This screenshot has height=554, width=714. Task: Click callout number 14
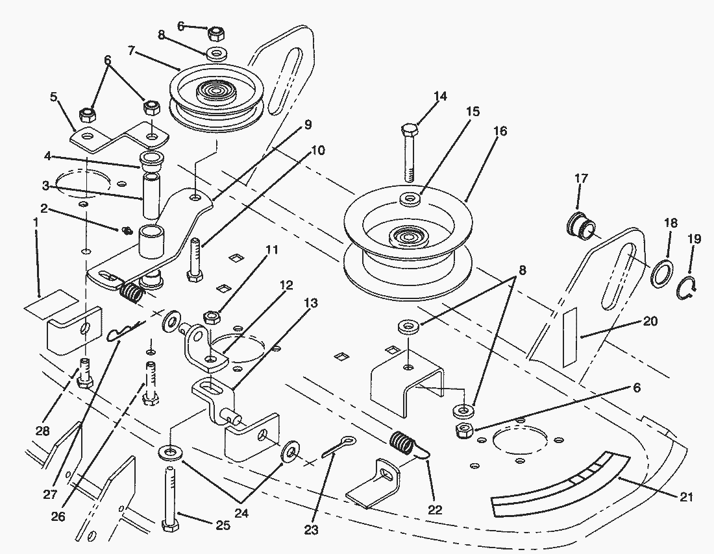coord(440,97)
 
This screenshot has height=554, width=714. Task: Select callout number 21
coord(687,498)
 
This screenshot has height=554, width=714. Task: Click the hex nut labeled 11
coord(212,317)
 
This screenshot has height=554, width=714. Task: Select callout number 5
coord(53,97)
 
